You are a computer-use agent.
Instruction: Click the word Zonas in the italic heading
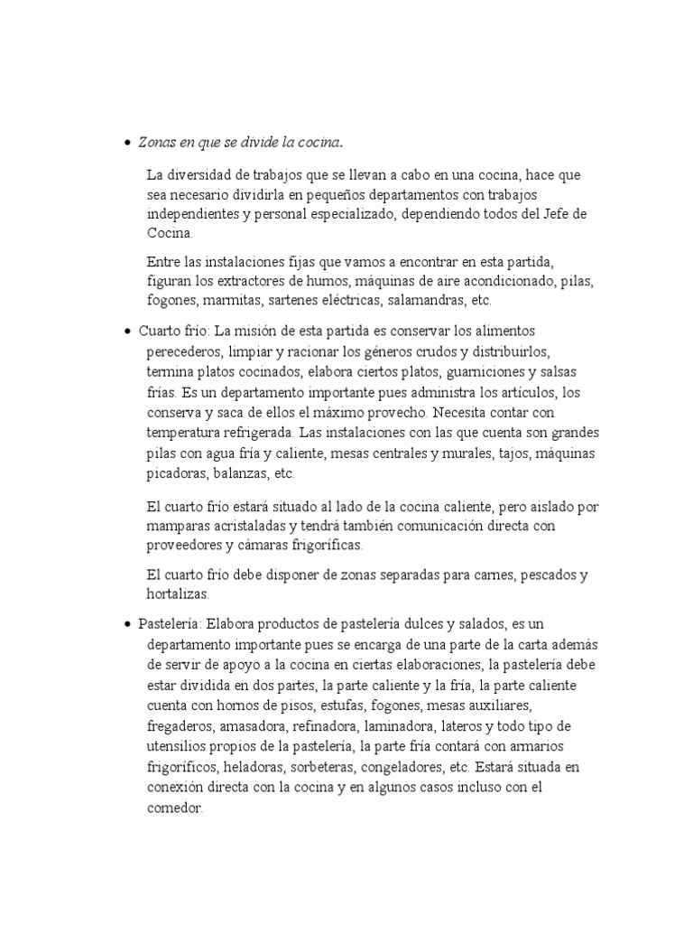tap(155, 143)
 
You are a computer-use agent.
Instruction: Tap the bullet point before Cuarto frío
tap(127, 332)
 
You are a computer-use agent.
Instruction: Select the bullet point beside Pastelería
tap(127, 624)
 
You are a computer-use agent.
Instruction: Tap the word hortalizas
tap(177, 594)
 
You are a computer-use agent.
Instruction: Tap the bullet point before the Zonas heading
tap(127, 143)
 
